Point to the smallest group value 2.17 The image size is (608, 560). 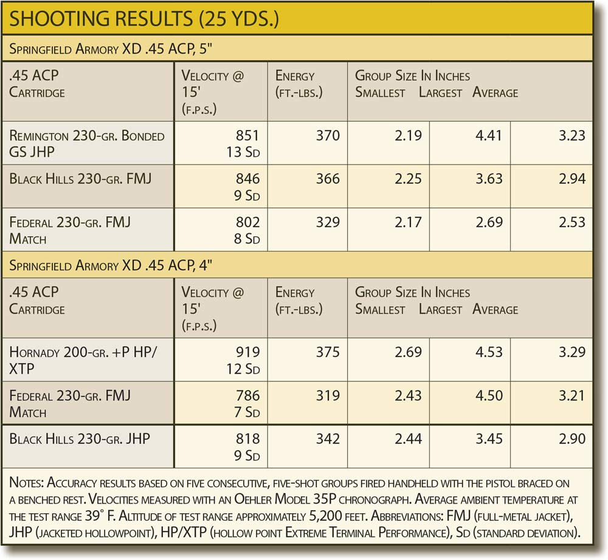[x=408, y=222]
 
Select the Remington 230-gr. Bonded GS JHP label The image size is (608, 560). [x=87, y=143]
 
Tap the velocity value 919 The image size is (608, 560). [x=247, y=352]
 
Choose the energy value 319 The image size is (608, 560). [x=328, y=396]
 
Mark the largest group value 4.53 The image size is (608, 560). [x=489, y=352]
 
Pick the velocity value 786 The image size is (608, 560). [x=247, y=396]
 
